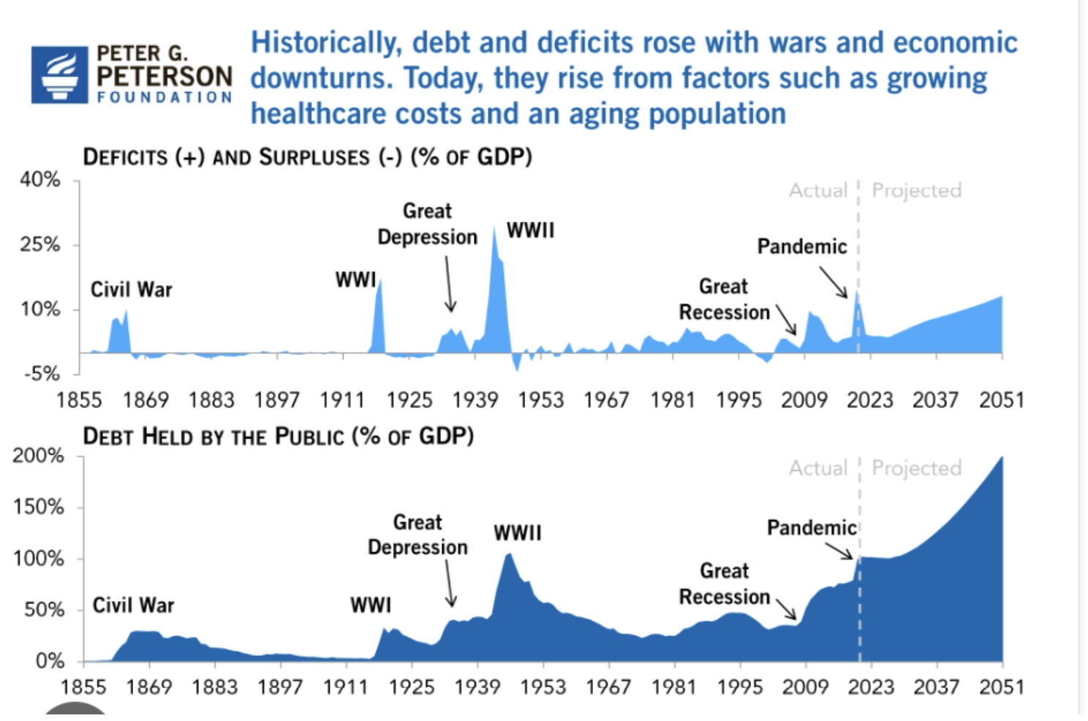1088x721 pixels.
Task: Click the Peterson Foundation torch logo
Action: [59, 75]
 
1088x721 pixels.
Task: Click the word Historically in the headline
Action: [326, 43]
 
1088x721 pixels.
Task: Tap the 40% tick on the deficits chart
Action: [41, 180]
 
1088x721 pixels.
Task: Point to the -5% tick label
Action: [42, 374]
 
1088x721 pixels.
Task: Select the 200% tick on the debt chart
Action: [39, 456]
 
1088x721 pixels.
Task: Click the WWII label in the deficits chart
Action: [530, 230]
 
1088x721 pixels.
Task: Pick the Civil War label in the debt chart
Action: [133, 605]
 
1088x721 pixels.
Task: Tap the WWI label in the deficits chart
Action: [355, 280]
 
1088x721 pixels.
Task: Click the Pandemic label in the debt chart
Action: [811, 528]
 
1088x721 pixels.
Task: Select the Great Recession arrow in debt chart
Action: [786, 609]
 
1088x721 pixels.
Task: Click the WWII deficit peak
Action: [494, 229]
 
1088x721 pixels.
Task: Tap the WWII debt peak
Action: [510, 554]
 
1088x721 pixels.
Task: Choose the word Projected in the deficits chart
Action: [916, 191]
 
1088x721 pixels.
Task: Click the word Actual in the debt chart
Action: [817, 468]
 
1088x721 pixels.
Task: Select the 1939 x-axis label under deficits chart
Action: [475, 401]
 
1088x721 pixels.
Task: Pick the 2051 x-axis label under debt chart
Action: [1001, 687]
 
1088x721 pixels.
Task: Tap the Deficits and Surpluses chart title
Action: [307, 157]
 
